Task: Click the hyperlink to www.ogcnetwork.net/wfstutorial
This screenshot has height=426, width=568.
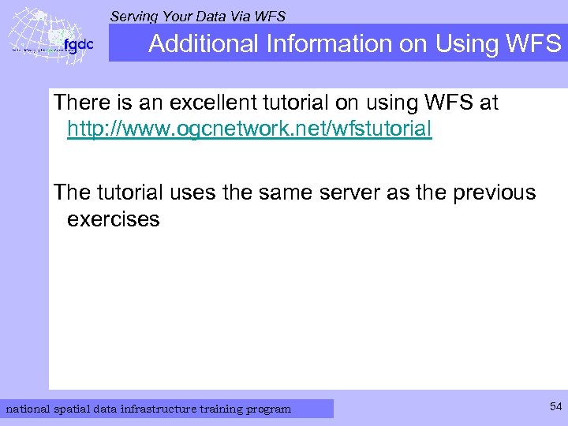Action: (249, 129)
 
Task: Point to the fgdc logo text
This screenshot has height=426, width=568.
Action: (79, 45)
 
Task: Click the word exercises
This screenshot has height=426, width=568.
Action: (113, 219)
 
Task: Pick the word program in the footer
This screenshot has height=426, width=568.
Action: (269, 409)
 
